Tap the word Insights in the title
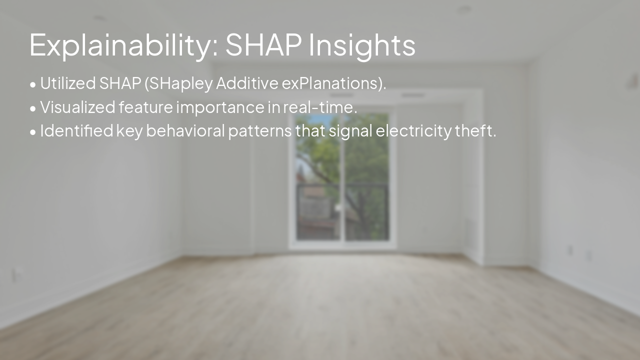(x=362, y=45)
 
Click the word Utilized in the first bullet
(x=68, y=83)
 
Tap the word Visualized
(x=77, y=107)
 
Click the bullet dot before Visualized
(x=33, y=108)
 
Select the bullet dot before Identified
(x=33, y=132)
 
